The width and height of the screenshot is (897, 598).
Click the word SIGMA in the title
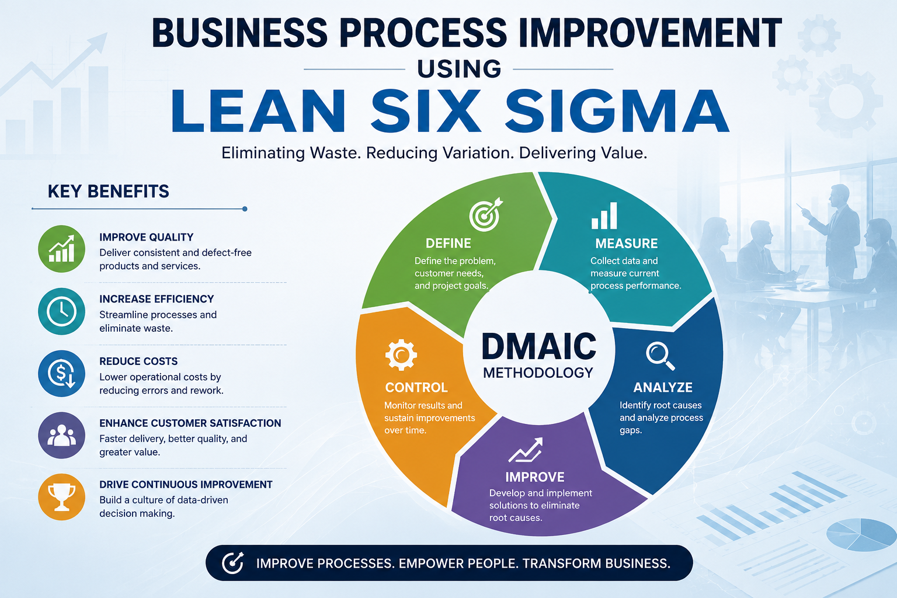617,111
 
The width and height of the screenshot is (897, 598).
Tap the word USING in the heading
459,69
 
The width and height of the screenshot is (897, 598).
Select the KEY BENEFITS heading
108,192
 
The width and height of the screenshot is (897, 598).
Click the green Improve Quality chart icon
62,249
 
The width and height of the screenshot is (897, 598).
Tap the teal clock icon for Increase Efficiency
62,311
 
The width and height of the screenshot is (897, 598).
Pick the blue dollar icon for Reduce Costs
62,373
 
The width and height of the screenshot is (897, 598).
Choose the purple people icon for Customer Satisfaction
62,436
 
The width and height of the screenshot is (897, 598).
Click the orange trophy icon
62,497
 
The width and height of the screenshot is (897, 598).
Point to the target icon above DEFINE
486,214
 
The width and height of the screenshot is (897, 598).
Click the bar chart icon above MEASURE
604,215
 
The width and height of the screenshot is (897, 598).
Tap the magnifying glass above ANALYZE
660,356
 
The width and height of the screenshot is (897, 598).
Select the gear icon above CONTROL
401,355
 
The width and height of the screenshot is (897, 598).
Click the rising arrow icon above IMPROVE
526,450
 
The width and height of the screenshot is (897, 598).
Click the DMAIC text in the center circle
539,346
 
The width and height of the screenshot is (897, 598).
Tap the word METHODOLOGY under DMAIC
538,373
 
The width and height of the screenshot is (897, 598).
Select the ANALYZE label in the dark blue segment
663,387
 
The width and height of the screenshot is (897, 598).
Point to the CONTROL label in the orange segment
416,387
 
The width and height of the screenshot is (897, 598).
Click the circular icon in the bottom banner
232,563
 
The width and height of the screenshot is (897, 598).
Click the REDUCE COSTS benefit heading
138,361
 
